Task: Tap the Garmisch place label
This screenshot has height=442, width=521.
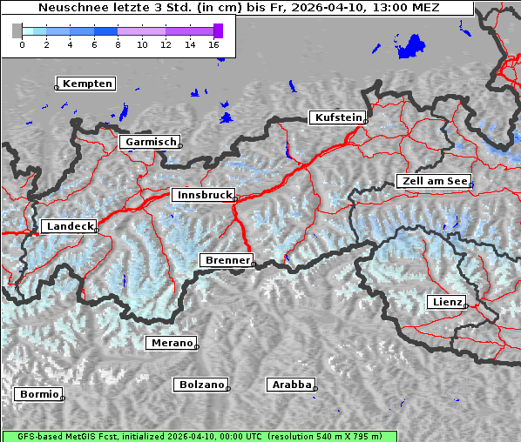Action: pos(151,142)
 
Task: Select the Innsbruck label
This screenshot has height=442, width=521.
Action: pos(203,196)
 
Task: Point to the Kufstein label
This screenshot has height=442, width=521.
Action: pos(338,117)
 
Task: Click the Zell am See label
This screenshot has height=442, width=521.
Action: pos(433,181)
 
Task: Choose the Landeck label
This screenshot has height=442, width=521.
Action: pos(69,226)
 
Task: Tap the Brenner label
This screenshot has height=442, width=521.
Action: pos(227,260)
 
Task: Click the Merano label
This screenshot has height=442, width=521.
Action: pos(171,343)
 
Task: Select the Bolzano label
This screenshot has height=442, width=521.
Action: pos(201,385)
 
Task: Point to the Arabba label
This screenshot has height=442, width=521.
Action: pos(291,385)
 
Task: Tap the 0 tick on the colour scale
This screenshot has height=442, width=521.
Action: pos(22,44)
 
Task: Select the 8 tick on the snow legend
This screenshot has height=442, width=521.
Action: pos(118,44)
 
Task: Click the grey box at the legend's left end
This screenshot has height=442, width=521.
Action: pos(17,30)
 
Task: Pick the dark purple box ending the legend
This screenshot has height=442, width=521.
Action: pos(218,30)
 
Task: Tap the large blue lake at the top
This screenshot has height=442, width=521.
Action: pos(409,47)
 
